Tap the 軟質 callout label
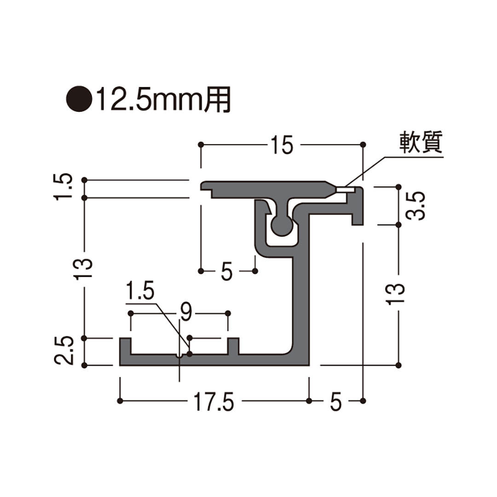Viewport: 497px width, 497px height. pyautogui.click(x=420, y=143)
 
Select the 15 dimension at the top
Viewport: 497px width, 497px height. pyautogui.click(x=282, y=145)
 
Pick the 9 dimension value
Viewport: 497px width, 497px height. pyautogui.click(x=185, y=313)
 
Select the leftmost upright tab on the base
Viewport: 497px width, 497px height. pyautogui.click(x=125, y=347)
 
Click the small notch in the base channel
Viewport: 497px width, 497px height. pyautogui.click(x=180, y=356)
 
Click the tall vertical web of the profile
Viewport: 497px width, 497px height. pyautogui.click(x=302, y=295)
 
